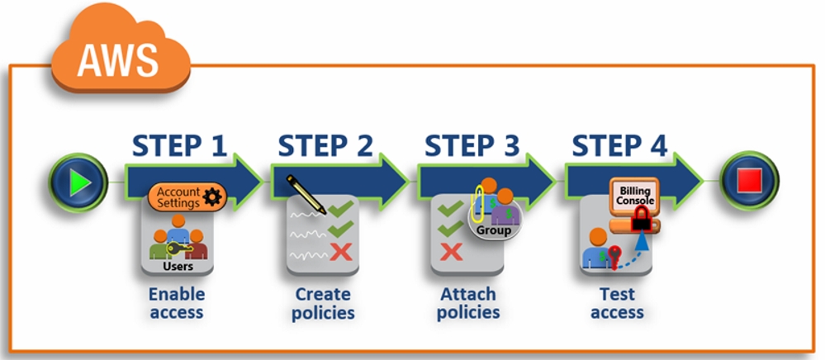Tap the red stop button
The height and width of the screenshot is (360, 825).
(x=749, y=181)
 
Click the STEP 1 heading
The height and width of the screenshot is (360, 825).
(x=179, y=146)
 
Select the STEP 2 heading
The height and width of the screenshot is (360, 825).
(x=325, y=146)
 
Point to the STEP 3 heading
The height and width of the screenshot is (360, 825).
(x=472, y=146)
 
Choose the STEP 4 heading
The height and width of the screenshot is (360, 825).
(x=619, y=146)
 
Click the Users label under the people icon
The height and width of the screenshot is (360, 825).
(x=178, y=267)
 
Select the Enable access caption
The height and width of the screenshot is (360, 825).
(x=177, y=303)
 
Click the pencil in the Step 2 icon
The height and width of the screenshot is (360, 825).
(x=306, y=195)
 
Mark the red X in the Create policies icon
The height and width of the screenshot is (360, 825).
(x=340, y=252)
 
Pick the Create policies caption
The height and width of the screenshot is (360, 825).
(x=323, y=303)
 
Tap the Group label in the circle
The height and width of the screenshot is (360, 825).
(x=494, y=230)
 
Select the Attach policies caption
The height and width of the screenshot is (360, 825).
(x=468, y=303)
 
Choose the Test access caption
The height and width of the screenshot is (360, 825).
(x=617, y=303)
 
